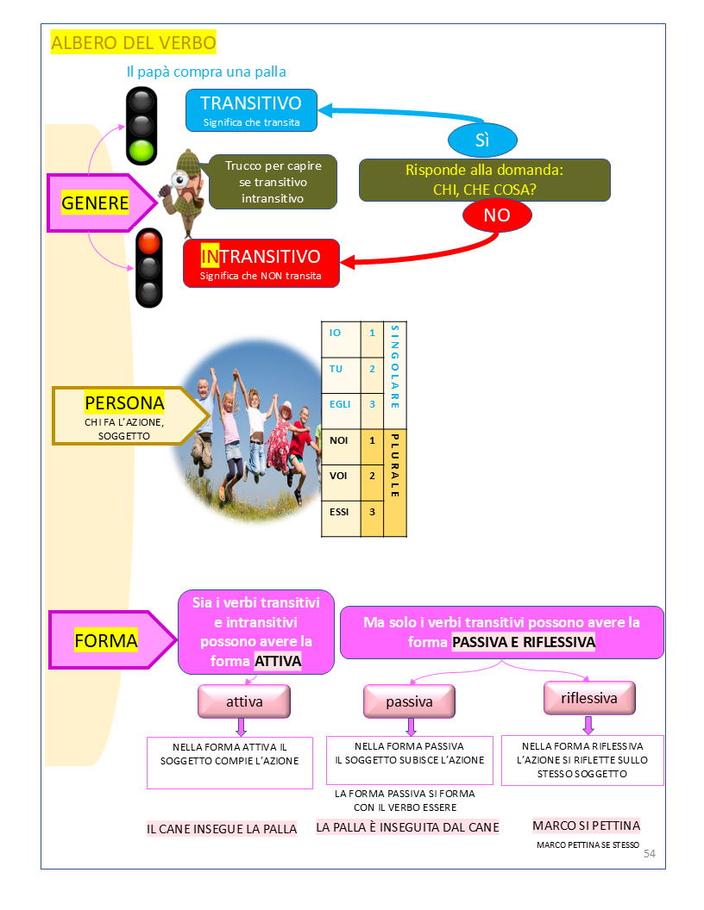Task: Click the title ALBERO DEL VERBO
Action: point(134,42)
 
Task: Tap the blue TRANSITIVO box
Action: point(250,110)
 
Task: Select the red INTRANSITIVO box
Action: point(261,263)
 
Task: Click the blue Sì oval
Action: point(482,140)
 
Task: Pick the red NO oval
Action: point(496,215)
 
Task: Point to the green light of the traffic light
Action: point(141,151)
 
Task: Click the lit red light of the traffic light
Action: point(149,242)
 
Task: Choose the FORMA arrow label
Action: point(106,640)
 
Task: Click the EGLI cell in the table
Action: point(340,403)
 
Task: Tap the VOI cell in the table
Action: point(339,475)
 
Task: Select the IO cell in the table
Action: point(336,333)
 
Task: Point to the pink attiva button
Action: point(244,701)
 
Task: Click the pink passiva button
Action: point(409,701)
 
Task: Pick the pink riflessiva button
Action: point(589,698)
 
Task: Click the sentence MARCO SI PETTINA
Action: point(586,826)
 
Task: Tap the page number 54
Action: point(650,853)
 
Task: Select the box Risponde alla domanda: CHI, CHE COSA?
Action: point(484,180)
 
